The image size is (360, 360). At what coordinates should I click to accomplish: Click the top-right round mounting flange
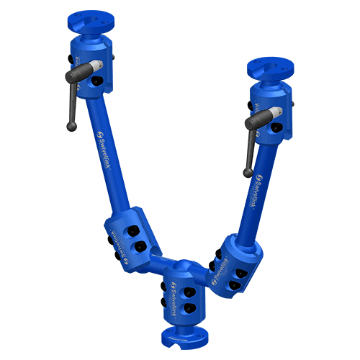[269, 69]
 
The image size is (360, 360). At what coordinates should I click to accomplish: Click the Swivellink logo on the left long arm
[107, 136]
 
